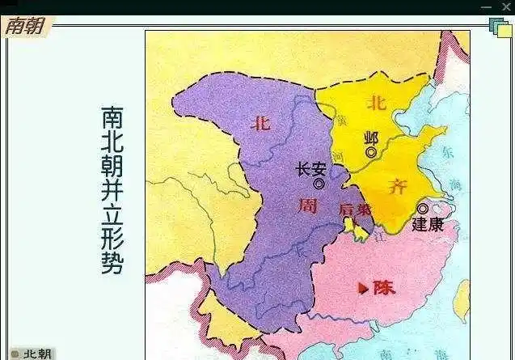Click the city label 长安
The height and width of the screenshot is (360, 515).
[x=311, y=169]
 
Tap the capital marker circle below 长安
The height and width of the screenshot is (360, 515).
[x=319, y=184]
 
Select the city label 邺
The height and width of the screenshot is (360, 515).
[x=371, y=138]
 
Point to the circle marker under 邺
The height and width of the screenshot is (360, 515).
[x=371, y=152]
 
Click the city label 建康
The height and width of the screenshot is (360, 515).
[x=428, y=224]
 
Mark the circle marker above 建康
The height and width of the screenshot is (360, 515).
[x=422, y=209]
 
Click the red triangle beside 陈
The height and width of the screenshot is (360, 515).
[x=363, y=287]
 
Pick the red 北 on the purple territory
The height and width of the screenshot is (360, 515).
[x=260, y=124]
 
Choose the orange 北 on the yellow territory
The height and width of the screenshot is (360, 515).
[x=376, y=102]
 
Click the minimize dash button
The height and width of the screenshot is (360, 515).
[x=486, y=6]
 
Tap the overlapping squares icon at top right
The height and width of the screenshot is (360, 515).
[x=500, y=28]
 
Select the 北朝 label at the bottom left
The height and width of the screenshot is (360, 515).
[x=37, y=354]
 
